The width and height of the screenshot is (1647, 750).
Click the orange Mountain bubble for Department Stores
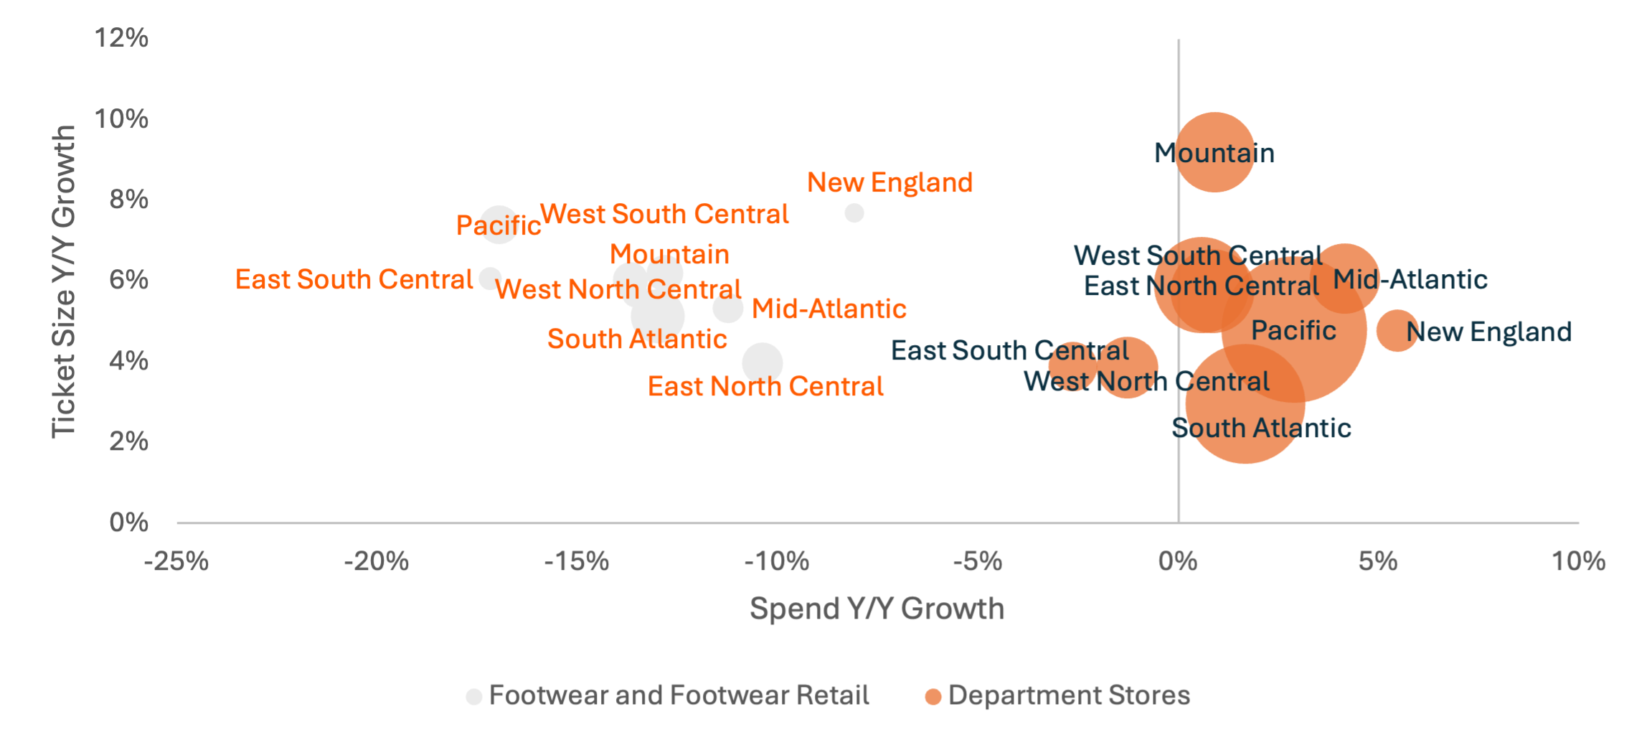[x=1214, y=152]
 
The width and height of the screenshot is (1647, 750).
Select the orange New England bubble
[x=1397, y=331]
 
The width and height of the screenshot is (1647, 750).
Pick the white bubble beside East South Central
[x=490, y=278]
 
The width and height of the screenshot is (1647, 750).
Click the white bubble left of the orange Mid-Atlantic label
[x=728, y=309]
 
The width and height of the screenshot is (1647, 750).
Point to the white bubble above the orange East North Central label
[x=763, y=362]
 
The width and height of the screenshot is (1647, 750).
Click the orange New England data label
[x=889, y=183]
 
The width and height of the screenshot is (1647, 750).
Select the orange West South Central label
[x=664, y=214]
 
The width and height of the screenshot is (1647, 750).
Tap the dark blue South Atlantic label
[x=1261, y=428]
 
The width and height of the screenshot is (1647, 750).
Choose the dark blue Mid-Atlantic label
[x=1410, y=280]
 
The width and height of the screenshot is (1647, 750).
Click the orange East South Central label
[x=354, y=280]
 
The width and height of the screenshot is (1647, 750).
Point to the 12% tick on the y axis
[x=122, y=38]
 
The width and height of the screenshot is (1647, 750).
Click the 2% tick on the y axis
[x=129, y=441]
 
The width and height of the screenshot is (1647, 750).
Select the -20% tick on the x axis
[x=377, y=561]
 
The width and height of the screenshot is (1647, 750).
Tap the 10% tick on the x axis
[x=1578, y=561]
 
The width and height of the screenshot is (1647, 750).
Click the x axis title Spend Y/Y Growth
[x=877, y=609]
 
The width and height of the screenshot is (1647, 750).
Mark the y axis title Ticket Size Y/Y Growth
[x=64, y=281]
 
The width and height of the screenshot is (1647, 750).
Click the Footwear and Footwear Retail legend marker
[x=474, y=696]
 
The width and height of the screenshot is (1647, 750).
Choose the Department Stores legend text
[x=1069, y=695]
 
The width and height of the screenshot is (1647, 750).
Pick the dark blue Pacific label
[x=1293, y=331]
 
